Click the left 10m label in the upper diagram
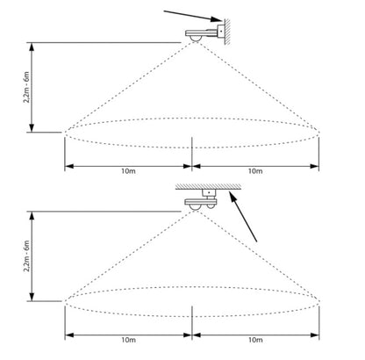tap(128, 171)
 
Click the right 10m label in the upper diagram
tap(255, 171)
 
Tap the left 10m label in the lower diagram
tap(128, 340)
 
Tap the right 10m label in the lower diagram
tap(255, 340)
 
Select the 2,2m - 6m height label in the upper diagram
tap(26, 87)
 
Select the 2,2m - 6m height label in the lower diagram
tap(26, 256)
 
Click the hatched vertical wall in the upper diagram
tap(227, 32)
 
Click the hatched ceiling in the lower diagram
tap(208, 187)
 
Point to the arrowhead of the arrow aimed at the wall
tap(217, 19)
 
